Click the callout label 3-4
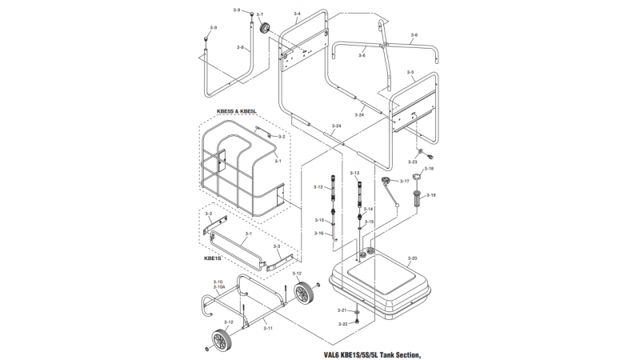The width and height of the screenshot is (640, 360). tap(297, 14)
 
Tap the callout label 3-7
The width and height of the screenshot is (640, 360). tap(259, 14)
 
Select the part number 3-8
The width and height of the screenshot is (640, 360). tap(240, 47)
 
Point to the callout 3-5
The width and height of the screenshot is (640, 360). tap(410, 72)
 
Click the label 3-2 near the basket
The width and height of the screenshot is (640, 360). tap(281, 137)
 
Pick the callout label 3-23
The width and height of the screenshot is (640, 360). tap(414, 162)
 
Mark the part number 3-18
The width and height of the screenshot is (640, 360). tap(429, 169)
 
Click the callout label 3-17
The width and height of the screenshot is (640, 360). tap(404, 182)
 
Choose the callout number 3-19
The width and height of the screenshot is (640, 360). tap(430, 195)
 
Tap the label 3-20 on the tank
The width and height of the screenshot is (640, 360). tap(412, 258)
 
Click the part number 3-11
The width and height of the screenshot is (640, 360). tap(269, 328)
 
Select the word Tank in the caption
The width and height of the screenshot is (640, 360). tap(382, 354)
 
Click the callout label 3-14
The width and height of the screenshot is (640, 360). tap(369, 209)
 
